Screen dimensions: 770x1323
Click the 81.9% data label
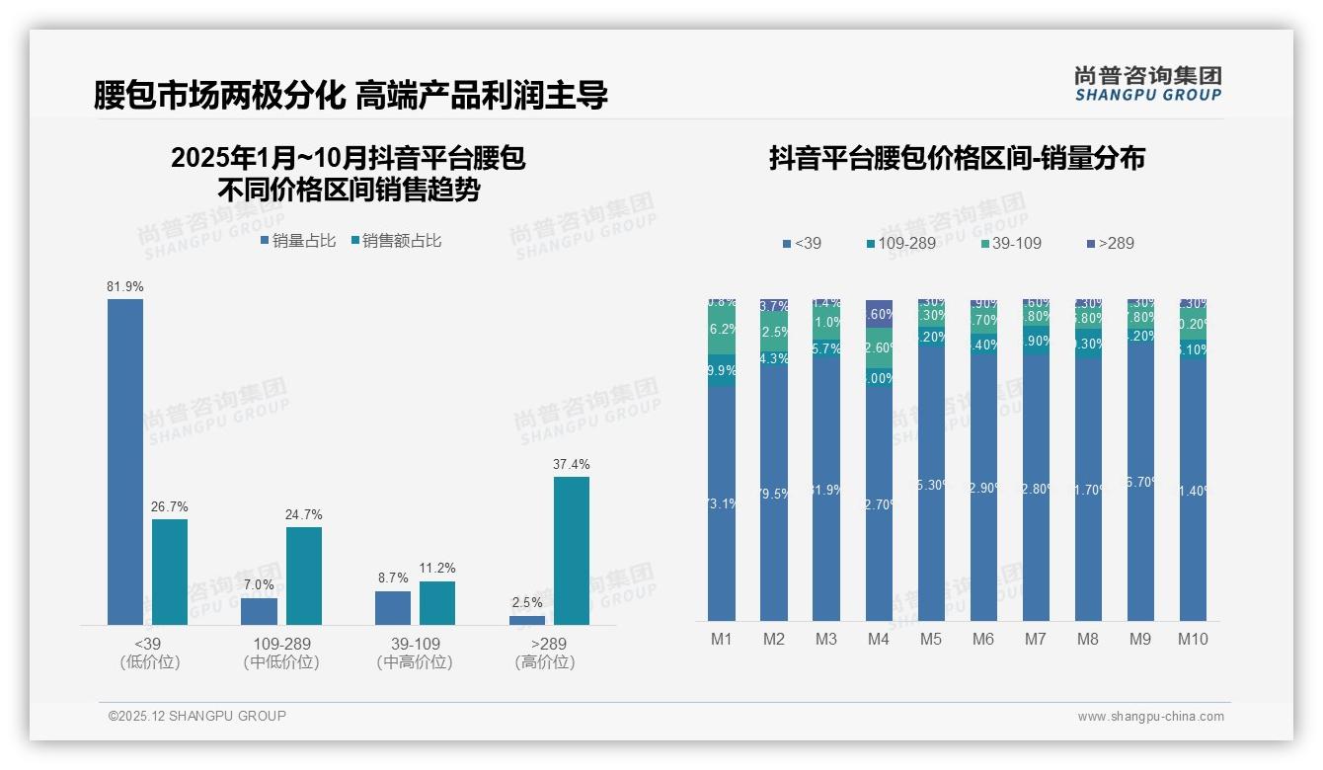[125, 286]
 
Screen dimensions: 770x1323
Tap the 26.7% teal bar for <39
[169, 572]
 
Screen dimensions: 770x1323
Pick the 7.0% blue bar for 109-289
[259, 611]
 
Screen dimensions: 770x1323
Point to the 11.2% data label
[437, 568]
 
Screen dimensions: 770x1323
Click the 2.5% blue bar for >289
[527, 620]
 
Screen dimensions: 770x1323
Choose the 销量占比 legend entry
[297, 240]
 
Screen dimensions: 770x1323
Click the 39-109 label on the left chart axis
[415, 644]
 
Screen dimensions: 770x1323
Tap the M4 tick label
[879, 639]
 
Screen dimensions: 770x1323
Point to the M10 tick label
[1193, 639]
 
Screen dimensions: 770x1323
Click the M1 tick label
[722, 639]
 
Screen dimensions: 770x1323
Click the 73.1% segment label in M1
[722, 503]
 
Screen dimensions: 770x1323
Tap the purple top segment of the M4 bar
[879, 313]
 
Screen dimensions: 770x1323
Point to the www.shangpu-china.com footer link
[1150, 717]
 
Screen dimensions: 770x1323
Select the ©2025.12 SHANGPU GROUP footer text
[197, 716]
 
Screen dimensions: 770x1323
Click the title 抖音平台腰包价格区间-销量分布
[957, 159]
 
